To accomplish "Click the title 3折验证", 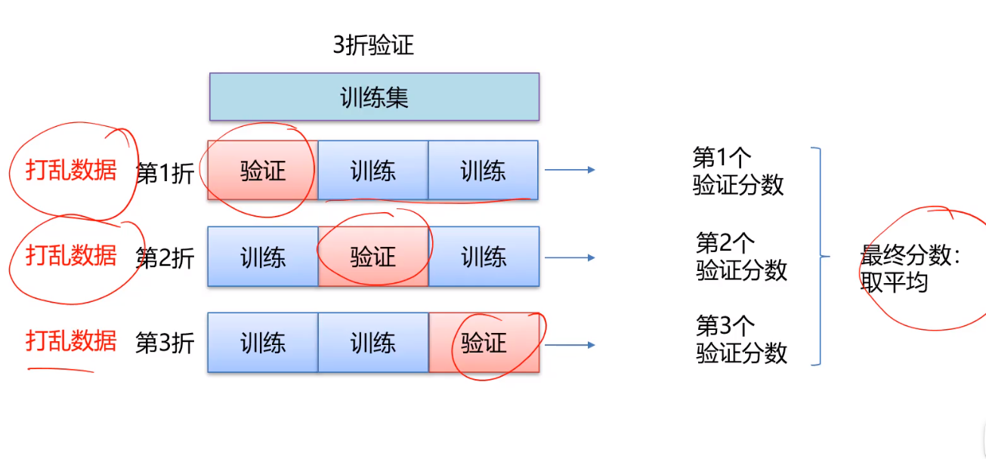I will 373,46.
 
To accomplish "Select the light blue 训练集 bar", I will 374,97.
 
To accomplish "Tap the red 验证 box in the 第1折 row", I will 262,171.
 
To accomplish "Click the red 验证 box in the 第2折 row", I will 373,257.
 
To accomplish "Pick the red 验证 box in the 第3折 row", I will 484,344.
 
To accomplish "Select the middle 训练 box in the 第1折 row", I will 373,171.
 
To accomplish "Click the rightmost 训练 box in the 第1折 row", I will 484,171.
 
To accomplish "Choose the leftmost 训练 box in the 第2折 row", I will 262,257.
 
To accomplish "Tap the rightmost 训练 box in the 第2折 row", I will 484,257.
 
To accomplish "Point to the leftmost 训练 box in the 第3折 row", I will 262,344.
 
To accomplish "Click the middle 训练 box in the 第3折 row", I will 373,344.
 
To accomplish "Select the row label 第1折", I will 165,172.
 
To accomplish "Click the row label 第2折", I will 165,258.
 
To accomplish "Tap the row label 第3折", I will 165,343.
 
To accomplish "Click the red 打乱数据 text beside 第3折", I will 71,340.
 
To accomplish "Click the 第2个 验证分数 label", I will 741,257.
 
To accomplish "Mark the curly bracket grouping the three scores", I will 819,257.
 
